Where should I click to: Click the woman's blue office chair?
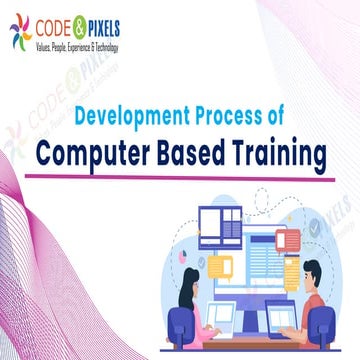180,325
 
